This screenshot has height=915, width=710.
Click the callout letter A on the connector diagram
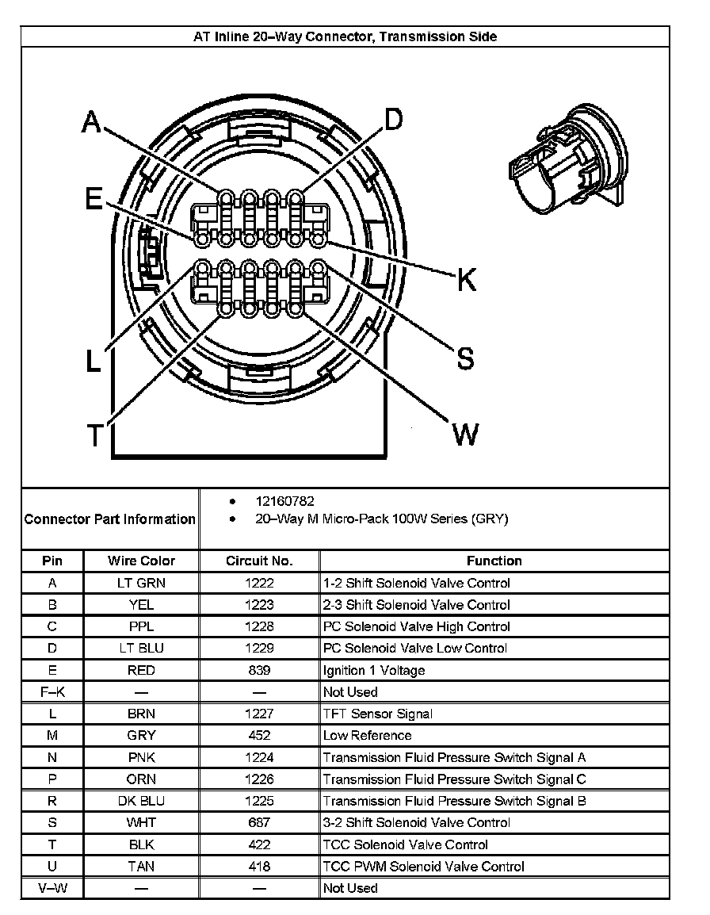click(93, 123)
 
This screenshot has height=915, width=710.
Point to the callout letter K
click(466, 280)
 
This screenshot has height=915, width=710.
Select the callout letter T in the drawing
click(94, 435)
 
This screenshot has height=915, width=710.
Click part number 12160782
click(284, 502)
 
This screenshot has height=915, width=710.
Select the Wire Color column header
click(141, 561)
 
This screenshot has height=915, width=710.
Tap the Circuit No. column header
click(259, 561)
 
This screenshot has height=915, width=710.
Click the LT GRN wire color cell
click(141, 583)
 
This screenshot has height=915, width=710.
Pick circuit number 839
click(259, 670)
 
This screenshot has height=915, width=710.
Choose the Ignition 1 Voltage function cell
click(374, 670)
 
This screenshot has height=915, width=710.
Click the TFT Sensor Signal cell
click(378, 714)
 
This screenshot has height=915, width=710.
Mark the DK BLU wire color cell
click(141, 801)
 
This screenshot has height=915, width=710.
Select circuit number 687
click(259, 822)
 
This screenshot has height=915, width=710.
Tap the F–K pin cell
click(52, 691)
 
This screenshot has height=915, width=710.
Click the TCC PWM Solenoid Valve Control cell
click(424, 867)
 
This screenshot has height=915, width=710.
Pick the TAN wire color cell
click(141, 867)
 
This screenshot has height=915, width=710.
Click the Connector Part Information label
click(110, 519)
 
